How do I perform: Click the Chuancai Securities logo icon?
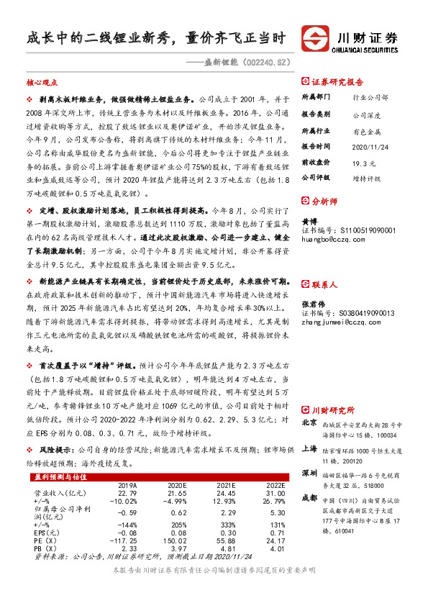tap(316, 38)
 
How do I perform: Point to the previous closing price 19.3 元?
tap(364, 163)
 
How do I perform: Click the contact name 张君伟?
tap(314, 284)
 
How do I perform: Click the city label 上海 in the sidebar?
tap(309, 447)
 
